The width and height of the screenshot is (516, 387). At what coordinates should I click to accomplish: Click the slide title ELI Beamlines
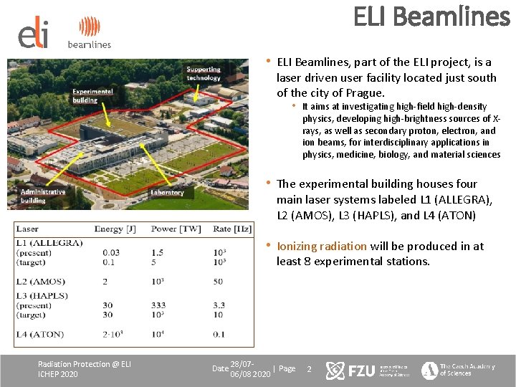pos(431,17)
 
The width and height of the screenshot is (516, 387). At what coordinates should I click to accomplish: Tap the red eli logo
pos(34,33)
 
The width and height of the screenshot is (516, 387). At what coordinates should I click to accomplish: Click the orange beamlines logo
pos(90,32)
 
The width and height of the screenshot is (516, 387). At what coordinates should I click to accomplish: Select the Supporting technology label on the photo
pos(204,73)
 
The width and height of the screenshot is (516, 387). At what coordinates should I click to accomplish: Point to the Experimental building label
pos(92,96)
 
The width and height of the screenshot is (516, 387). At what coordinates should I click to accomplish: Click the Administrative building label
pos(42,196)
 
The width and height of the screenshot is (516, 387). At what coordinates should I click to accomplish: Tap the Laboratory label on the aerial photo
pos(167,192)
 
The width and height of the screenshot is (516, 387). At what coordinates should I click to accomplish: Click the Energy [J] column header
pos(115,229)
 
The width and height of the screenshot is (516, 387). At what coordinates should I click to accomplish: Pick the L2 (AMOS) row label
pos(41,281)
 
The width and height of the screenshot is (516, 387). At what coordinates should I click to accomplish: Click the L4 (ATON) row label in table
pos(40,333)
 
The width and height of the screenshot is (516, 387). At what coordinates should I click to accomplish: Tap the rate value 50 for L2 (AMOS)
pos(218,281)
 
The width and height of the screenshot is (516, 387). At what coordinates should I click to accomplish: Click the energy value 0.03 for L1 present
pos(111,252)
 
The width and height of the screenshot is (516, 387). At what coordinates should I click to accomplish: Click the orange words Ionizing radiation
pos(321,246)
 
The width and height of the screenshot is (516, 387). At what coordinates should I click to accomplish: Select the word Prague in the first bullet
pos(365,93)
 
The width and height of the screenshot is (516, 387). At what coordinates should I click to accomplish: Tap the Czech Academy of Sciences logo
pos(458,370)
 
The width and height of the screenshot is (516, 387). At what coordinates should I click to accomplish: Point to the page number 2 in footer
pos(309,369)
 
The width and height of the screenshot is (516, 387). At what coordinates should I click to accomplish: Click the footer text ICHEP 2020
pos(58,374)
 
